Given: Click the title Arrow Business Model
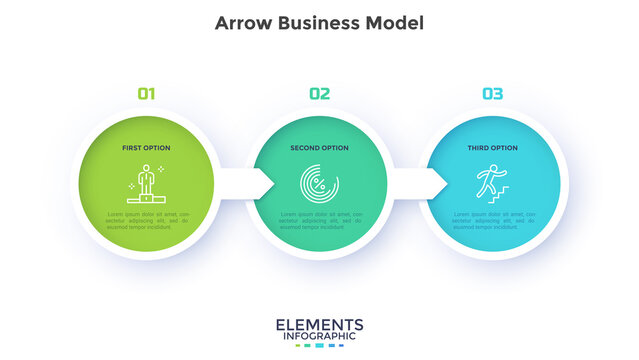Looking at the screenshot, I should tap(319, 23).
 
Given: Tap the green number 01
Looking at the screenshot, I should tap(147, 94).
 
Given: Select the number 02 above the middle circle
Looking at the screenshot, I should tap(319, 94).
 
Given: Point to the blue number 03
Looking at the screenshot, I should tap(492, 94).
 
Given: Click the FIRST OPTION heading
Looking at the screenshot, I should tap(147, 148).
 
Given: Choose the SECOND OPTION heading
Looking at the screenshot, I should tap(319, 148).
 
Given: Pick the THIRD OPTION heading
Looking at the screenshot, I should tap(492, 148).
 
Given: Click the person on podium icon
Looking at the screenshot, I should tap(147, 183).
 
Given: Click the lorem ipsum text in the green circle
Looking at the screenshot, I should tap(147, 220).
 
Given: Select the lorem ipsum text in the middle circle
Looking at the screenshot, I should tap(319, 220).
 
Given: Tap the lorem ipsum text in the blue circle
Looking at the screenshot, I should tap(492, 220).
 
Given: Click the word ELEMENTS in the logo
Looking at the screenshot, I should tap(319, 325).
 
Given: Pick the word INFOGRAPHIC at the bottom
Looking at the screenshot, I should tap(319, 337).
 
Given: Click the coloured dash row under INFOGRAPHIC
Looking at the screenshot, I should tap(319, 346).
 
